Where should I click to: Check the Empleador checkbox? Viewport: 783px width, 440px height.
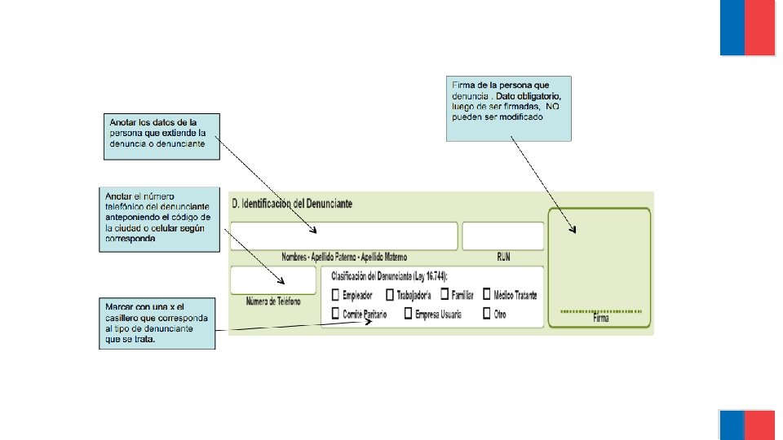point(335,295)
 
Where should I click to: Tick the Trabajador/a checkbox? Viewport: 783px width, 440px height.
point(390,295)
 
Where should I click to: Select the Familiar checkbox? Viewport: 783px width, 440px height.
point(445,295)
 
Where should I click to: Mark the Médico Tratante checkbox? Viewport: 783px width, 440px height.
point(487,295)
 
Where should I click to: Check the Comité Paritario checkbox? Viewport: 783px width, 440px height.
point(335,314)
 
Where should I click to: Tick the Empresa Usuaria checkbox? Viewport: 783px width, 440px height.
point(407,314)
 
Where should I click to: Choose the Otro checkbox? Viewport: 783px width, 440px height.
point(487,314)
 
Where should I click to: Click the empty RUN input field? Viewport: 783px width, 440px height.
point(503,236)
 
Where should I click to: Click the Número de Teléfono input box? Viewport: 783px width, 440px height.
point(273,280)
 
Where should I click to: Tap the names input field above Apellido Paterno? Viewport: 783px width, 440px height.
point(343,236)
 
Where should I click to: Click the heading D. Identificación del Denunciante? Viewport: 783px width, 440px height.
point(292,203)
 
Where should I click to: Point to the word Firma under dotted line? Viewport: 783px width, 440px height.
point(601,319)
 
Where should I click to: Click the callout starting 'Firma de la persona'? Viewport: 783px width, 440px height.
point(508,108)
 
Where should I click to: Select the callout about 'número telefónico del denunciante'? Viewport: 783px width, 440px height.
point(159,219)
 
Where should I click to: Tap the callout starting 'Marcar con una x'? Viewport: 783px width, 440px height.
point(157,323)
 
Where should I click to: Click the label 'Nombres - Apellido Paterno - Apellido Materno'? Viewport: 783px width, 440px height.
point(343,257)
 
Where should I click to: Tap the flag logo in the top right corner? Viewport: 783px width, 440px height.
point(746,28)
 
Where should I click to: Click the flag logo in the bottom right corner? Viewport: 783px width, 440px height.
point(746,425)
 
